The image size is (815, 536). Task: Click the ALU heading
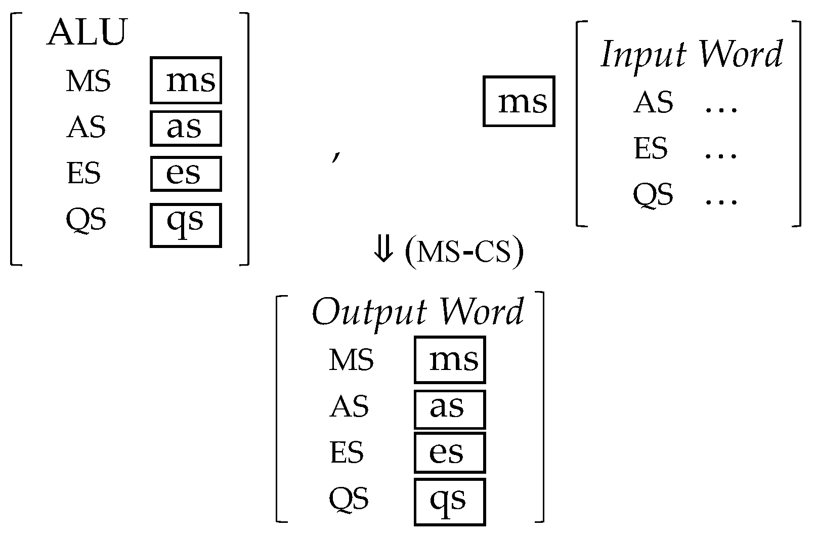point(86,33)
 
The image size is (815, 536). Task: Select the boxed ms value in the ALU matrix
point(186,80)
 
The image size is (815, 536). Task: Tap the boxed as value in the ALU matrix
point(186,128)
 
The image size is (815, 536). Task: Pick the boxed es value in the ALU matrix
point(186,174)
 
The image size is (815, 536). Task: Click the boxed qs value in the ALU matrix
point(186,225)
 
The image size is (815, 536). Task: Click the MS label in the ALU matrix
point(88,81)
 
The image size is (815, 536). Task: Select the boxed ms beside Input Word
point(519,101)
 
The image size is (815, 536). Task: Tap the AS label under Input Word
point(653,103)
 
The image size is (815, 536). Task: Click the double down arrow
point(383,250)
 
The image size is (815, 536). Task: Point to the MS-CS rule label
point(464,251)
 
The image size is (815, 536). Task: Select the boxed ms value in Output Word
point(450,360)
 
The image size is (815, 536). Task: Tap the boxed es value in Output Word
point(450,452)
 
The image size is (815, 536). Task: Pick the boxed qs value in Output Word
point(450,501)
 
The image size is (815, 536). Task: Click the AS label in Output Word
point(349,407)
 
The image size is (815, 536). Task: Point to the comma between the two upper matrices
point(335,157)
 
